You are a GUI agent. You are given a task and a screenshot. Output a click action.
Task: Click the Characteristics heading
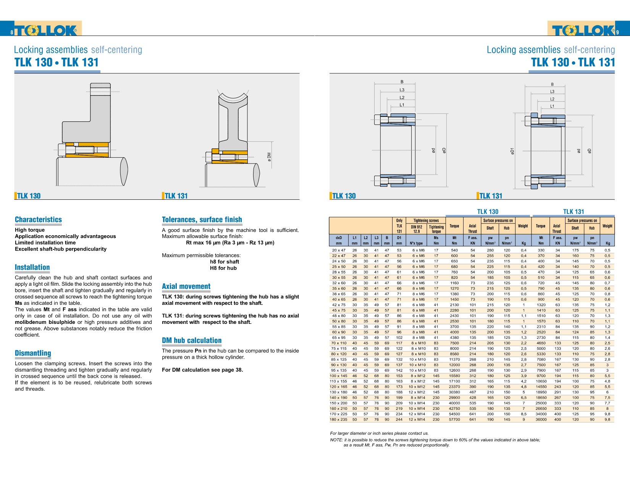point(38,220)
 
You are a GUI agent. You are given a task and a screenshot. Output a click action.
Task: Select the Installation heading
point(32,267)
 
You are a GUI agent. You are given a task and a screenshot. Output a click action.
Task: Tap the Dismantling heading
point(33,353)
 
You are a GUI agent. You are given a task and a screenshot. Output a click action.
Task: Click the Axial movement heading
point(186,286)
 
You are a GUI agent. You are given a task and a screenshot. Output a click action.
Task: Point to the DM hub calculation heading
point(192,341)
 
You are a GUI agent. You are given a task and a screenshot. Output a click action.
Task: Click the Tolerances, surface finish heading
point(202,220)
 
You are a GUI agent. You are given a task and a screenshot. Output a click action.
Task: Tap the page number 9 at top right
point(617,32)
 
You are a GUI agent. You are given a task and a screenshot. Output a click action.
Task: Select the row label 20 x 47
point(339,251)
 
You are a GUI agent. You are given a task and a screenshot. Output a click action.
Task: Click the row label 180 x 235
point(338,419)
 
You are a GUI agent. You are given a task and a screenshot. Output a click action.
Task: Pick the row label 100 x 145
point(338,376)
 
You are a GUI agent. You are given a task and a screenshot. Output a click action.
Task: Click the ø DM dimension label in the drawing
point(269,157)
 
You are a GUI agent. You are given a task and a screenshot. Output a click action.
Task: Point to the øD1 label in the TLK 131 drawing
point(512,151)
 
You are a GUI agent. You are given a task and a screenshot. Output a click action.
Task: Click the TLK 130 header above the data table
point(488,212)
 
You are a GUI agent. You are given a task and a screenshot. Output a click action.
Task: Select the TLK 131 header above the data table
point(573,212)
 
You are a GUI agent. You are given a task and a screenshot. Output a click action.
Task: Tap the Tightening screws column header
point(426,220)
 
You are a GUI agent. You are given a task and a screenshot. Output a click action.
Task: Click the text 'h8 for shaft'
point(225,262)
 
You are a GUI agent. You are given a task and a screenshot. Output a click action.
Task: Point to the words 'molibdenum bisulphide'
point(45,322)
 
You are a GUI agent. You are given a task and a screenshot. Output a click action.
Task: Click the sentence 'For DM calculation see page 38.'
point(202,370)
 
